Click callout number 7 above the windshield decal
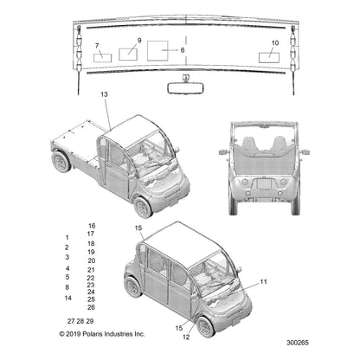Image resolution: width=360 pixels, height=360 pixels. [97, 46]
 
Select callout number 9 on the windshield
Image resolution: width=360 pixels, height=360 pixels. [139, 41]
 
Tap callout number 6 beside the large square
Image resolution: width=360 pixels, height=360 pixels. [183, 50]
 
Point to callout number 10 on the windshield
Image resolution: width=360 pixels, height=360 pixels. [275, 42]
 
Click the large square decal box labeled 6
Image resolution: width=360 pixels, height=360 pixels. [157, 51]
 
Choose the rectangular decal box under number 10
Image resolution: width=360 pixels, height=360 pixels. [269, 58]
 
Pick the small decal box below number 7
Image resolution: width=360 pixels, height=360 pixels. [102, 58]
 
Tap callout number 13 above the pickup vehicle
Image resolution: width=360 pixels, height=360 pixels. [104, 94]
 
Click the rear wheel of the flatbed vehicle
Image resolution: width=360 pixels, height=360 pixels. [61, 162]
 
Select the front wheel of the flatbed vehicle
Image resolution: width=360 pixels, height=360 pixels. [143, 207]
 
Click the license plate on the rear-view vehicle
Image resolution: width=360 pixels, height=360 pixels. [264, 183]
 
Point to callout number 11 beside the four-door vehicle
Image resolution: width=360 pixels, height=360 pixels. [263, 281]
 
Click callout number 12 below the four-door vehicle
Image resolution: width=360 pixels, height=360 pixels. [186, 337]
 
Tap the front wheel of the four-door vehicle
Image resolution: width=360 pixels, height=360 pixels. [205, 327]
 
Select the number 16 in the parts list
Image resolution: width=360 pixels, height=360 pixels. [92, 226]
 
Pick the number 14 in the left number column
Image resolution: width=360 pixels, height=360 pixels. [68, 298]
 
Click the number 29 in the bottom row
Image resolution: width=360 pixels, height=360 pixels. [90, 321]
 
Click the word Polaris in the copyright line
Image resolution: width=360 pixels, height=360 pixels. [93, 334]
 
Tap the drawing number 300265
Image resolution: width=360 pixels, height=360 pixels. [298, 343]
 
